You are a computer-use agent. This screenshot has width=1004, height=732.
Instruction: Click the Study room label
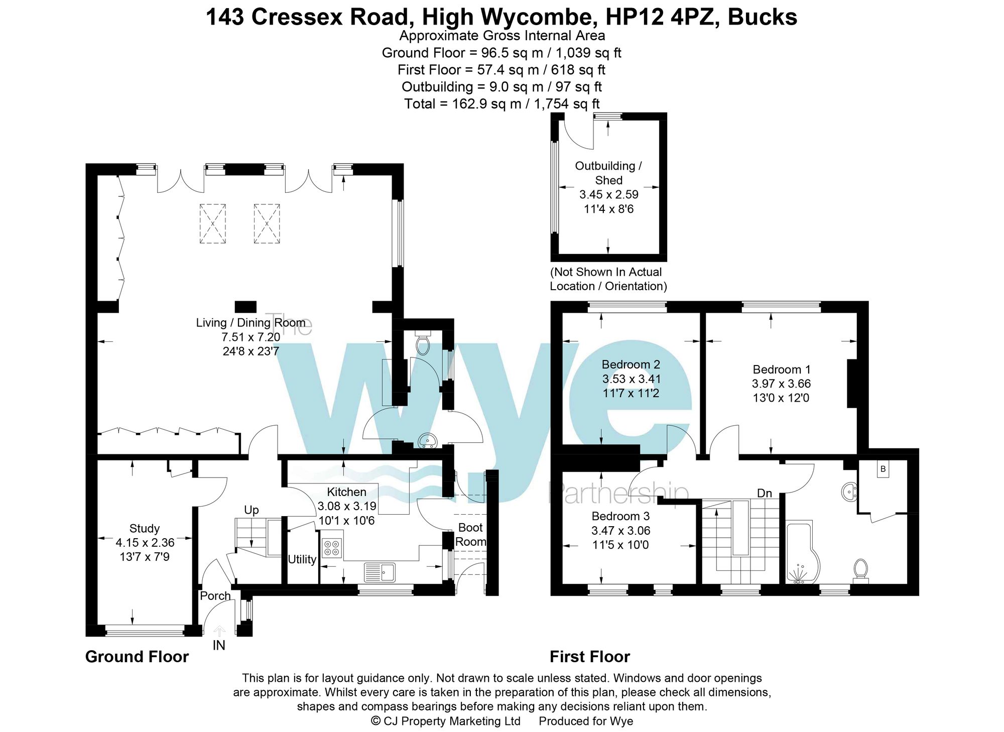coord(145,529)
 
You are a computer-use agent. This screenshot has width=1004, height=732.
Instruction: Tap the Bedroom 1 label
coord(781,370)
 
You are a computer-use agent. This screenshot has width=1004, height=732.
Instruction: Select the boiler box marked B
coord(883,469)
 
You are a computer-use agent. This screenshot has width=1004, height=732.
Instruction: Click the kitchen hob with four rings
coord(332,548)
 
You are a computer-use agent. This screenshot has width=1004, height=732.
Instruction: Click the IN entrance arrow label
coord(219,645)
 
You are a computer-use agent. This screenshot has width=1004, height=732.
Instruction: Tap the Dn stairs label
coord(764,494)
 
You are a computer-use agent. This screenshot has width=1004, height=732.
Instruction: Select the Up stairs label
coord(251,510)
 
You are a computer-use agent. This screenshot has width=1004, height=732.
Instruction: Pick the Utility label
coord(302,559)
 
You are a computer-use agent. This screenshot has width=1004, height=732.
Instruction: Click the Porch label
coord(215,596)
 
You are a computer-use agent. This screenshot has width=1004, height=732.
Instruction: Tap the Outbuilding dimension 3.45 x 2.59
coord(608,195)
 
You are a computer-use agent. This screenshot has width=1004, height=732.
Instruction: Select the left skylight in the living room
coord(212,223)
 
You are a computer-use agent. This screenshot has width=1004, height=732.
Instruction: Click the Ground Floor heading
coord(137,657)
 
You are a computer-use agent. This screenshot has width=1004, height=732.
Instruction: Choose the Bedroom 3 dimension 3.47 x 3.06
coord(620,531)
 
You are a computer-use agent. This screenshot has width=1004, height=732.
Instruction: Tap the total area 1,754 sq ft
coord(566,104)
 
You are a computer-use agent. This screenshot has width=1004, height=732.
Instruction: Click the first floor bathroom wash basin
coord(849,492)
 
